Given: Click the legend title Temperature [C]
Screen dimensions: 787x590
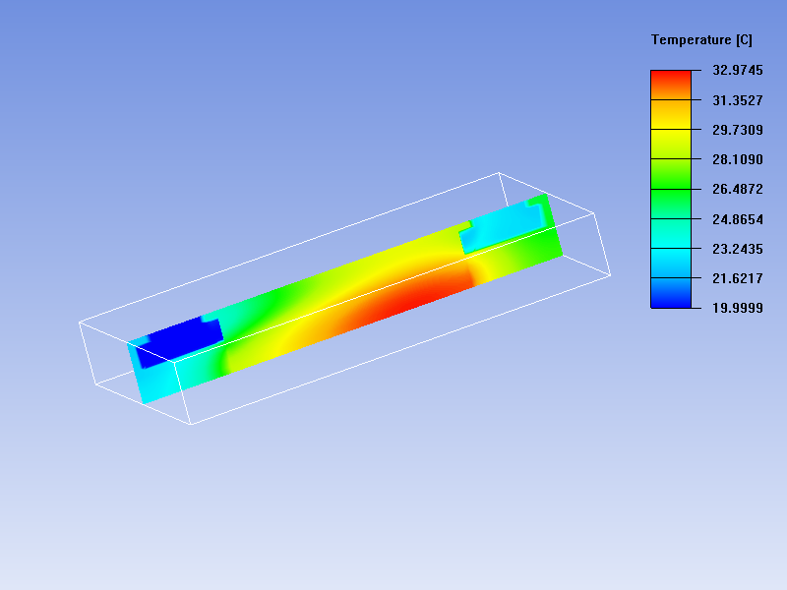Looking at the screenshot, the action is (x=701, y=40).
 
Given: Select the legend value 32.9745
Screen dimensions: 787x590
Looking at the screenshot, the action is (x=737, y=70).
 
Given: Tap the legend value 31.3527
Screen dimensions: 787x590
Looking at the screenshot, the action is (x=737, y=100).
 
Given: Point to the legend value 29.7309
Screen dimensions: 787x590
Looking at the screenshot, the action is (x=737, y=130).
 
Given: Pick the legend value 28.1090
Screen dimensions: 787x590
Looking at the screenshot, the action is (x=737, y=159).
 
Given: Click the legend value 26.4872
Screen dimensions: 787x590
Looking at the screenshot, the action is (x=737, y=189).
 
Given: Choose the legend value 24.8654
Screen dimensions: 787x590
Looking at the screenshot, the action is (x=737, y=219).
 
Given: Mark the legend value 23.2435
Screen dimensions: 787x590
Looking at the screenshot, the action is (x=737, y=249).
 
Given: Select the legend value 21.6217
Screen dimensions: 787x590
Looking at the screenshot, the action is (x=737, y=278).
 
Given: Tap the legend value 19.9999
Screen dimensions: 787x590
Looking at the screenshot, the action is (x=737, y=308).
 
